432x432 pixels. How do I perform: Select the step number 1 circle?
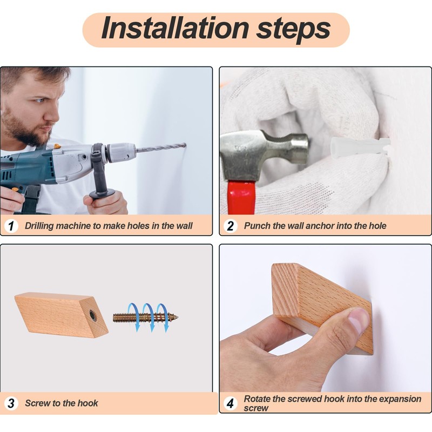coord(11,226)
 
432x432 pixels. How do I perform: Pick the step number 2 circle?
coord(231,226)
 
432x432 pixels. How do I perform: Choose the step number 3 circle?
coord(11,403)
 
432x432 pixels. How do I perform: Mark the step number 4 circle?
coord(231,403)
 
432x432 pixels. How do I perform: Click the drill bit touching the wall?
coord(161,147)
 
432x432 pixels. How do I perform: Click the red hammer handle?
coord(241,198)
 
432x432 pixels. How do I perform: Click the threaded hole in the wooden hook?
coord(93,316)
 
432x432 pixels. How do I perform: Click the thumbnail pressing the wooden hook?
coord(357,320)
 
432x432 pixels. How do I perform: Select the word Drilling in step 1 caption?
coord(39,226)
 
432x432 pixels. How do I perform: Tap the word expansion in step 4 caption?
coord(397,400)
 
